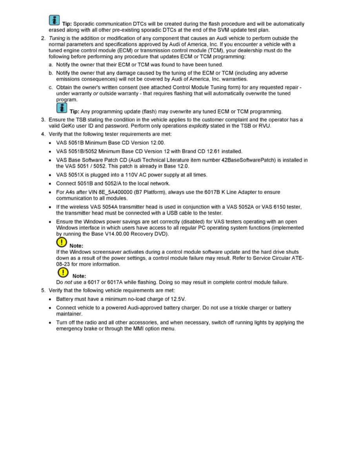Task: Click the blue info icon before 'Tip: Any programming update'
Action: click(x=62, y=108)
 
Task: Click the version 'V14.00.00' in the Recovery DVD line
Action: click(x=118, y=234)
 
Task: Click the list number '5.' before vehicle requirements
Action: click(x=44, y=290)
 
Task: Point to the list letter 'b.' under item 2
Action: click(x=51, y=73)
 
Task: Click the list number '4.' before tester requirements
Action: click(x=44, y=134)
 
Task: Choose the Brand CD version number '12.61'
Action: click(x=207, y=151)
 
